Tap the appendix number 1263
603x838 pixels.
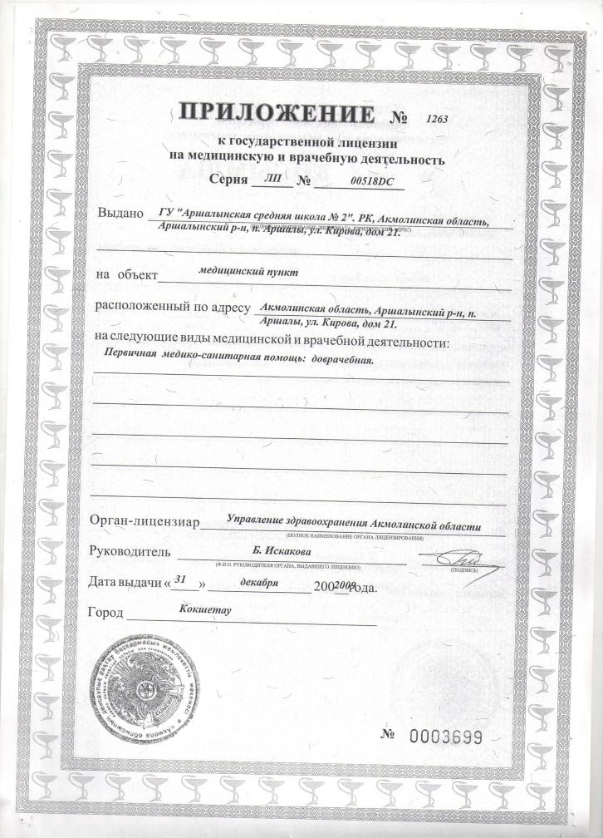(437, 119)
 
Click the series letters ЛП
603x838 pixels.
(272, 179)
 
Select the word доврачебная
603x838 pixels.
(342, 359)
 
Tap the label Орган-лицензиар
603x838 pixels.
(140, 522)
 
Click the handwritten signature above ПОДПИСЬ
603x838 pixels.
(453, 555)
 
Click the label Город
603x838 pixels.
(105, 614)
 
